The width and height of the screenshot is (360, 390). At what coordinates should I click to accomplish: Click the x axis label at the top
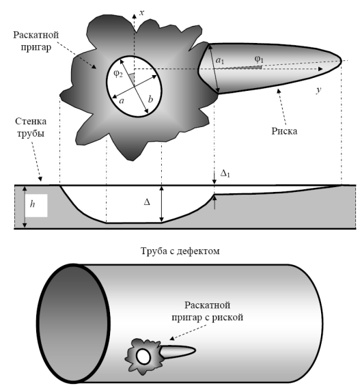[x=142, y=12]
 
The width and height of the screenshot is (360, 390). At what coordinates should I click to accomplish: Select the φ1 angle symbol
[x=259, y=59]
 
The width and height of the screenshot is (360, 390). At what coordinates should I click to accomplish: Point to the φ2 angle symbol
[x=118, y=74]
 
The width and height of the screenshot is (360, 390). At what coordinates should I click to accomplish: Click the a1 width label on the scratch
[x=220, y=60]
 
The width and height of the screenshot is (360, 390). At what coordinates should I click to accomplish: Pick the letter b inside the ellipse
[x=150, y=99]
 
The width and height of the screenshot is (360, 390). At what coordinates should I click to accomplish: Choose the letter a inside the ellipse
[x=122, y=100]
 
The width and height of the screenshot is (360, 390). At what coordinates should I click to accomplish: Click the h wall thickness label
[x=32, y=204]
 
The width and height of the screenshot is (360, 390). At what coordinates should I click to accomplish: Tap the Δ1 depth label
[x=225, y=173]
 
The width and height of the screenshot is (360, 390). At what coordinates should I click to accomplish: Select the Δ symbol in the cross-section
[x=147, y=202]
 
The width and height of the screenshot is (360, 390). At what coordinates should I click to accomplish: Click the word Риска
[x=284, y=131]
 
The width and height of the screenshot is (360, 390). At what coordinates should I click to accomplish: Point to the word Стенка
[x=31, y=122]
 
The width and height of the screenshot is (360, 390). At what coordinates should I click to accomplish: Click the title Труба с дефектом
[x=180, y=251]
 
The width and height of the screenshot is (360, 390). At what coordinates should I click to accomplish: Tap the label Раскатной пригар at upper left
[x=36, y=41]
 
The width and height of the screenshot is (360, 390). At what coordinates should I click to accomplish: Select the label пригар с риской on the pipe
[x=207, y=318]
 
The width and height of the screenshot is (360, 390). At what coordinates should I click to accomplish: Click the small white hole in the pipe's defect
[x=143, y=357]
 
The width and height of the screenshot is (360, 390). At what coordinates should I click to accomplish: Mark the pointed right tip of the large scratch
[x=342, y=60]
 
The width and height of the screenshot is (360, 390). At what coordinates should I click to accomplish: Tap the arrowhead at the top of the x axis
[x=134, y=16]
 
